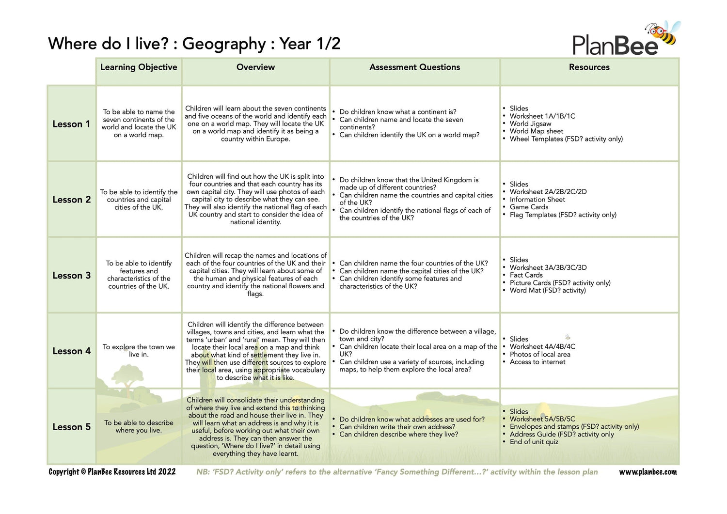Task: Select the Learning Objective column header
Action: [139, 67]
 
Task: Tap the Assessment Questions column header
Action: [414, 67]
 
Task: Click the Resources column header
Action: [589, 67]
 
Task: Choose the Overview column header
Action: [255, 67]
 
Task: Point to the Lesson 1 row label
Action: [71, 124]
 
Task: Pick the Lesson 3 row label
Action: [71, 276]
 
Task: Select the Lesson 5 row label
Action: [71, 427]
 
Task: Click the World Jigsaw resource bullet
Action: [530, 124]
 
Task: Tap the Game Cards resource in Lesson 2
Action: [529, 207]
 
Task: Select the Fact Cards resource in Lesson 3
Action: [526, 275]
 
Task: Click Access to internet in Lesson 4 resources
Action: [537, 362]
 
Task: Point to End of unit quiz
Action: [534, 442]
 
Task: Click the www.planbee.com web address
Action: [648, 472]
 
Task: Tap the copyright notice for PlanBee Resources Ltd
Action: [112, 472]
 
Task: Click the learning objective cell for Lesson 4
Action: [139, 351]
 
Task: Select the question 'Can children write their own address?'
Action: [397, 427]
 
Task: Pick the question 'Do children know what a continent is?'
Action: [397, 112]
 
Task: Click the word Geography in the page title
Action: [224, 44]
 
